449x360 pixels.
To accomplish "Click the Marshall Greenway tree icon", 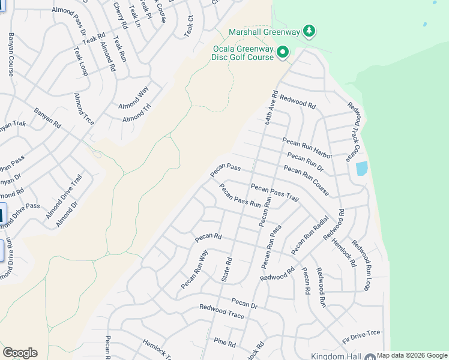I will coord(309,31).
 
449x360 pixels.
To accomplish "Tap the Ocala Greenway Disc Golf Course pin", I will coord(284,53).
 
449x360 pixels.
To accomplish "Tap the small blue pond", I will coord(361,169).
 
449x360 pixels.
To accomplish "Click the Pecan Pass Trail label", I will coord(274,194).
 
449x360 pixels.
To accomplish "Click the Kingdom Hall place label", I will coord(335,356).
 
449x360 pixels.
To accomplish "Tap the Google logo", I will coord(20,352).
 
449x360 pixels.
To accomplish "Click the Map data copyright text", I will coord(412,356).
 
